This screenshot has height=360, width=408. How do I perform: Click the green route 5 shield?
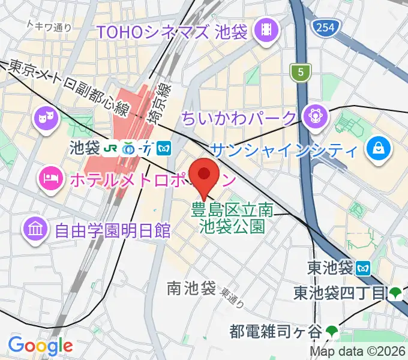point(299,73)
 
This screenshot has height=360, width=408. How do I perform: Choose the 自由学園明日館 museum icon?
point(35,229)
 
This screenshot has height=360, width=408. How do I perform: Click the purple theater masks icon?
point(45,118)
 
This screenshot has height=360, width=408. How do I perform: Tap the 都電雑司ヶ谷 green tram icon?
point(332,330)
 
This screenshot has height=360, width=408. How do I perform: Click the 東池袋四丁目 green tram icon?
point(395,293)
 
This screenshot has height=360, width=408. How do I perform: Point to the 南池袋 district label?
point(191,289)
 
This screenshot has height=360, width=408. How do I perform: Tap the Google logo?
point(40,346)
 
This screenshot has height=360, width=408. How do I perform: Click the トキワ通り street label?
point(49,26)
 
